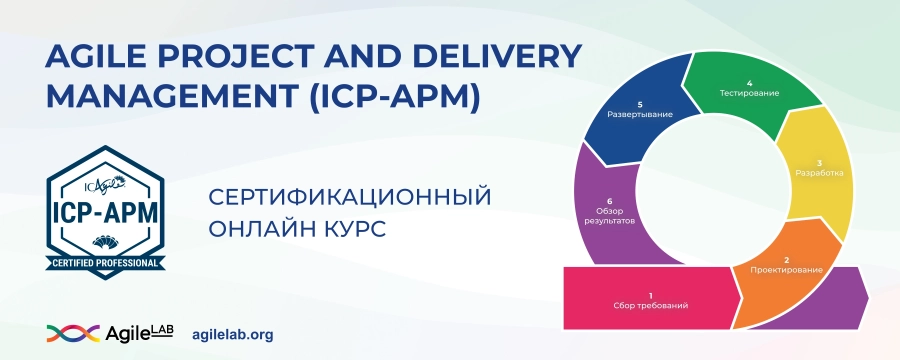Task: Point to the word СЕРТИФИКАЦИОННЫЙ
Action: [351, 195]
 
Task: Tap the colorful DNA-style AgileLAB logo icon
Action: [72, 333]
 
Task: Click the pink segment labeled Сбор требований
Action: [650, 300]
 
